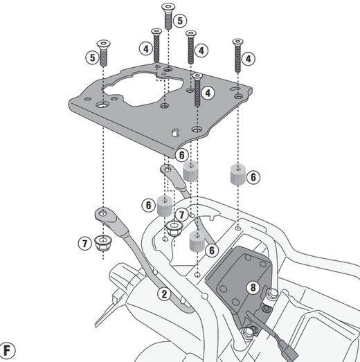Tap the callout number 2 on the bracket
click(x=163, y=293)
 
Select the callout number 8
click(x=253, y=286)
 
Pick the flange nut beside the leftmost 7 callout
click(x=103, y=244)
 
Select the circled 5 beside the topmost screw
click(x=181, y=21)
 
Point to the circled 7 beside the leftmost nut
click(x=84, y=243)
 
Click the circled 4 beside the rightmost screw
click(x=248, y=58)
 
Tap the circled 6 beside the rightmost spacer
click(x=254, y=177)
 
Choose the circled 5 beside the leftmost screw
click(x=92, y=57)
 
